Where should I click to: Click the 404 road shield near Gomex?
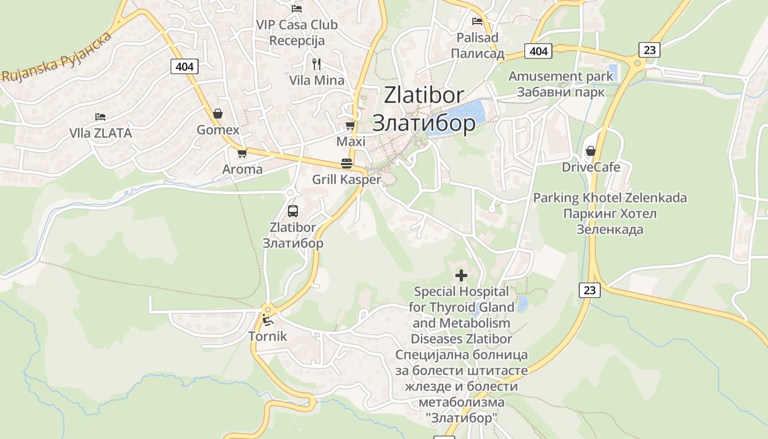(x=185, y=67)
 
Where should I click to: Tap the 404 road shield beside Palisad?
(x=539, y=51)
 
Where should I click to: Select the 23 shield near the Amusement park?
(x=649, y=50)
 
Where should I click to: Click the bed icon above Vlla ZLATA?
(x=100, y=116)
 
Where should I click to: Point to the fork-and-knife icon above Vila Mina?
(x=316, y=64)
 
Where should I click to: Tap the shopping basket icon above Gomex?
(x=218, y=114)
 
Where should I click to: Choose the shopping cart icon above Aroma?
(x=242, y=153)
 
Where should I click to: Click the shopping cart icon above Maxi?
(x=350, y=125)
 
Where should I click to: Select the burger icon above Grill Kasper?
(x=346, y=163)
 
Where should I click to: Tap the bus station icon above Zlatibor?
(x=292, y=211)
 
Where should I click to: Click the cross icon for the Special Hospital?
(x=461, y=275)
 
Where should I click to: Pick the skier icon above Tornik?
(x=267, y=320)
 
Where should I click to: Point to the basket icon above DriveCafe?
(x=590, y=150)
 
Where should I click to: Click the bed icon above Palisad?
(x=477, y=21)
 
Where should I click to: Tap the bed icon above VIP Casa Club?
(x=297, y=8)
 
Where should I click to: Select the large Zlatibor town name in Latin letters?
(x=423, y=95)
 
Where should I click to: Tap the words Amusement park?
(x=561, y=76)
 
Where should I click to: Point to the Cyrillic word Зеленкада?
(x=609, y=229)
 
